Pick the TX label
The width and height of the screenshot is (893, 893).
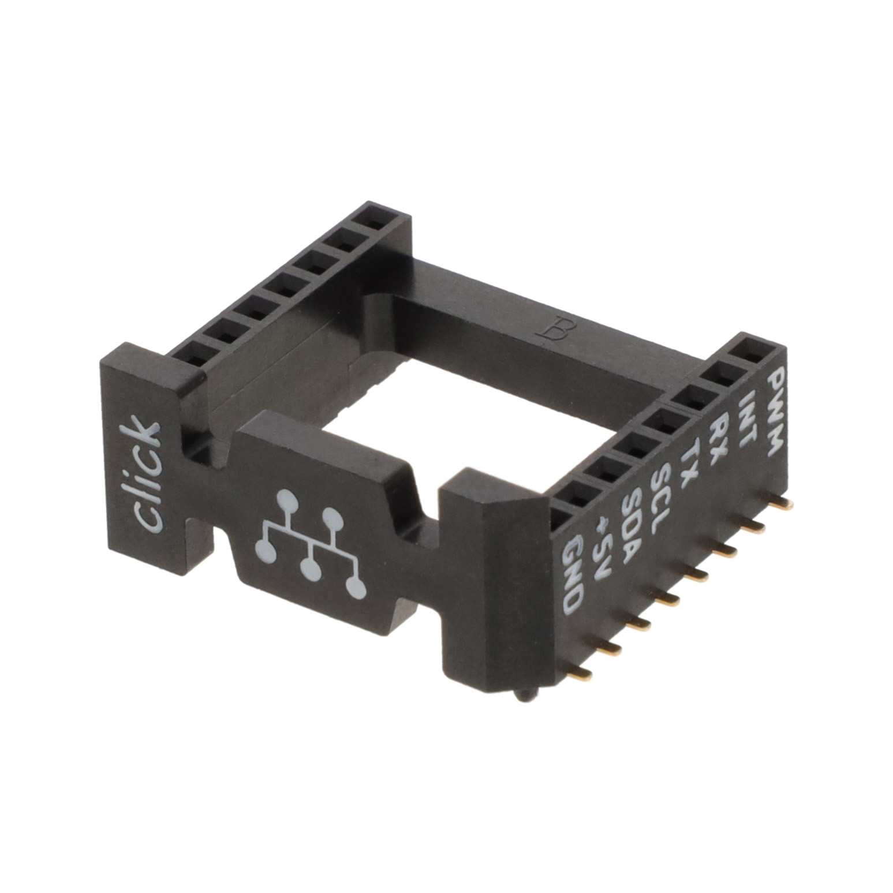click(x=689, y=465)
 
